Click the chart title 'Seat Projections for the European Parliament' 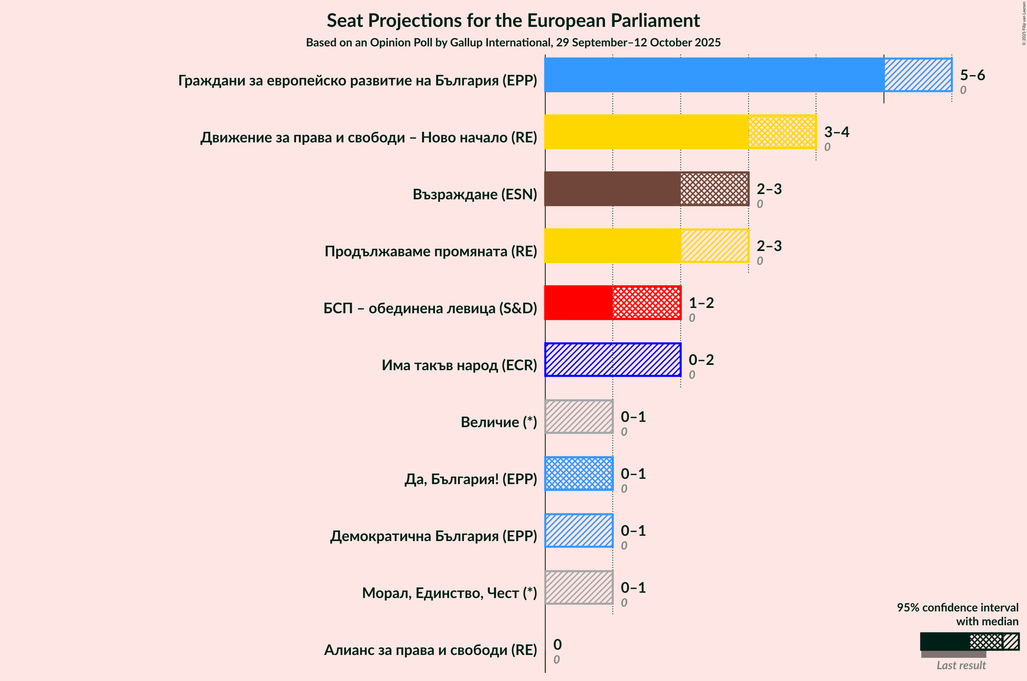(x=513, y=21)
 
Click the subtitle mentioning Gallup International (x=513, y=43)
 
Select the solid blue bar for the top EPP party (x=714, y=75)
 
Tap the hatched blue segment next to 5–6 (x=918, y=75)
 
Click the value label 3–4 (x=836, y=131)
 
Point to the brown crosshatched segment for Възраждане (x=714, y=189)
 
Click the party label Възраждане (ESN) (x=475, y=194)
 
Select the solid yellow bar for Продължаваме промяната (x=612, y=246)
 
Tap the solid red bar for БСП (x=579, y=303)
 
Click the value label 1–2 (x=701, y=303)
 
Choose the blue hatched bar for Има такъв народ (x=612, y=360)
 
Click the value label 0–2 (x=701, y=360)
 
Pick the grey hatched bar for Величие (x=579, y=417)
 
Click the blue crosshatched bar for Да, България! (x=579, y=474)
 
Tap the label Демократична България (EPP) (x=433, y=536)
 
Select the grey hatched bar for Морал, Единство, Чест (x=579, y=587)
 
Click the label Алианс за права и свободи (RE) (x=430, y=650)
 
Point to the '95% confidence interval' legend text (x=957, y=607)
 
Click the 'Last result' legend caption (x=961, y=665)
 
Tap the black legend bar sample (x=944, y=641)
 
